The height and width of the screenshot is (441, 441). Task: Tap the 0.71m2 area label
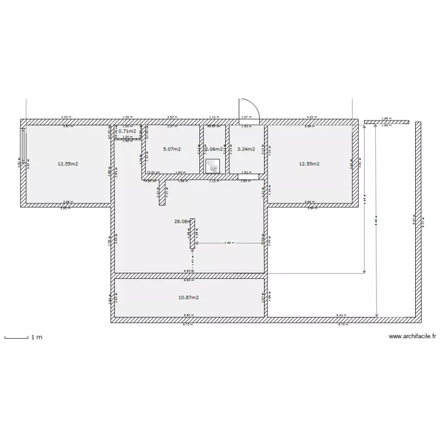[128, 131]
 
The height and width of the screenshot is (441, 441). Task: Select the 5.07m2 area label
[172, 149]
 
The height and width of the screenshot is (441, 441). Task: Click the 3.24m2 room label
[246, 149]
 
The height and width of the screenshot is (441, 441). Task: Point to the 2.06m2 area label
[213, 149]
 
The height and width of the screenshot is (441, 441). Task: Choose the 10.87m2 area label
[188, 298]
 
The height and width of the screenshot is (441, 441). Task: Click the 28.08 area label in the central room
[182, 222]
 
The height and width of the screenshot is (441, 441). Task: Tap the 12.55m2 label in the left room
[68, 164]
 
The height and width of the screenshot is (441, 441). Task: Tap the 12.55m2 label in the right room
[309, 164]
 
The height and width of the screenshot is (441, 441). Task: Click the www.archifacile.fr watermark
[412, 337]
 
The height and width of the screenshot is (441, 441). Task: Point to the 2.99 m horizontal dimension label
[229, 242]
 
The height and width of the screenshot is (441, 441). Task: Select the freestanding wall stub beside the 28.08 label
[192, 232]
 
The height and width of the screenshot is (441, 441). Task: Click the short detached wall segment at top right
[386, 122]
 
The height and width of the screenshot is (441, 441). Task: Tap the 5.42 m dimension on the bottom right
[340, 316]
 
